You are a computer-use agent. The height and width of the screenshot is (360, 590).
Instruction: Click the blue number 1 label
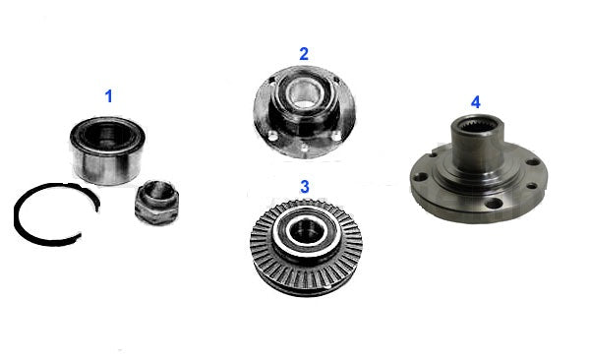pos(109,96)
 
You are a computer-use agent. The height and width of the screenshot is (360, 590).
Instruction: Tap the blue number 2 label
pos(304,54)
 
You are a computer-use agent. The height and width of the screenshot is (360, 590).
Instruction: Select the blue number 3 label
pos(305,187)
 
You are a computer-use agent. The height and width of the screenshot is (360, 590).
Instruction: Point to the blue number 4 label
pos(476,102)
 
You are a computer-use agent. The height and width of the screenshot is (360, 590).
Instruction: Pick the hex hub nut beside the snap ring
pos(154,203)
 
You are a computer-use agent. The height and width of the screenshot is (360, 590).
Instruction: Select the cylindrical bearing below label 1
pos(107,150)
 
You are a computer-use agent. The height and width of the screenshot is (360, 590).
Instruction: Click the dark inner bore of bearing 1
pos(106,135)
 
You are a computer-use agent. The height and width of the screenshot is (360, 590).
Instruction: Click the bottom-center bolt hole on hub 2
pos(304,150)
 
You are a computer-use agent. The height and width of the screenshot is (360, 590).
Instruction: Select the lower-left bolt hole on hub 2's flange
pos(274,135)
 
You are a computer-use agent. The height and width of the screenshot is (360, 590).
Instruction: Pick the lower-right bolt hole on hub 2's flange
pos(336,136)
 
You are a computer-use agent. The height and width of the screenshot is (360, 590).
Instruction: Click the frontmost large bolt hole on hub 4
pos(494,205)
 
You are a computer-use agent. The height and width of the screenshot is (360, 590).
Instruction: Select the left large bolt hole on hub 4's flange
pos(423,176)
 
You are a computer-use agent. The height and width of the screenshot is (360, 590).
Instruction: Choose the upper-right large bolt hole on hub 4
pos(532,162)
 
